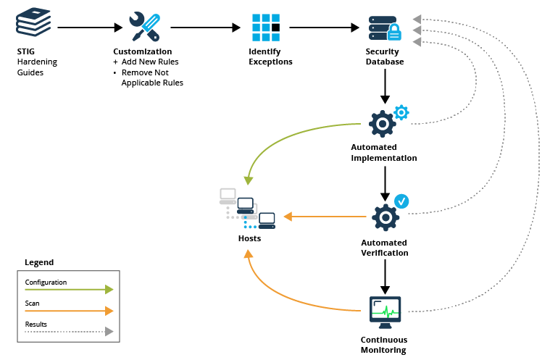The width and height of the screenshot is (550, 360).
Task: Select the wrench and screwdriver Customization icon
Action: (144, 27)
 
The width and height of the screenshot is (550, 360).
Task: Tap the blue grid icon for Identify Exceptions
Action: (265, 28)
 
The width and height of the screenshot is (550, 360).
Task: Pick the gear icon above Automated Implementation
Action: (383, 124)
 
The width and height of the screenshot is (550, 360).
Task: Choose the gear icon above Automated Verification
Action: (385, 217)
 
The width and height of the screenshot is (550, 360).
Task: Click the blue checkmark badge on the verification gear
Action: (401, 201)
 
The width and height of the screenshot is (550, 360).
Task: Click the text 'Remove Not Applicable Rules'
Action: (152, 78)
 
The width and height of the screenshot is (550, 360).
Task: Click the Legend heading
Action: (39, 262)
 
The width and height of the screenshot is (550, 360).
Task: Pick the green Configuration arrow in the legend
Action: (69, 289)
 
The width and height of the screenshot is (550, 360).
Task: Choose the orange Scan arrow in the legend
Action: (69, 311)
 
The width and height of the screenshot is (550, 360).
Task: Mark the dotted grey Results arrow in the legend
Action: (69, 331)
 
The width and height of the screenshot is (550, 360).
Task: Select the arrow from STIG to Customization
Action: (90, 28)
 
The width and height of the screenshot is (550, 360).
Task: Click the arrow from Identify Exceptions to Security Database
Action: (324, 28)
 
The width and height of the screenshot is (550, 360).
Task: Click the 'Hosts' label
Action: (249, 238)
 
